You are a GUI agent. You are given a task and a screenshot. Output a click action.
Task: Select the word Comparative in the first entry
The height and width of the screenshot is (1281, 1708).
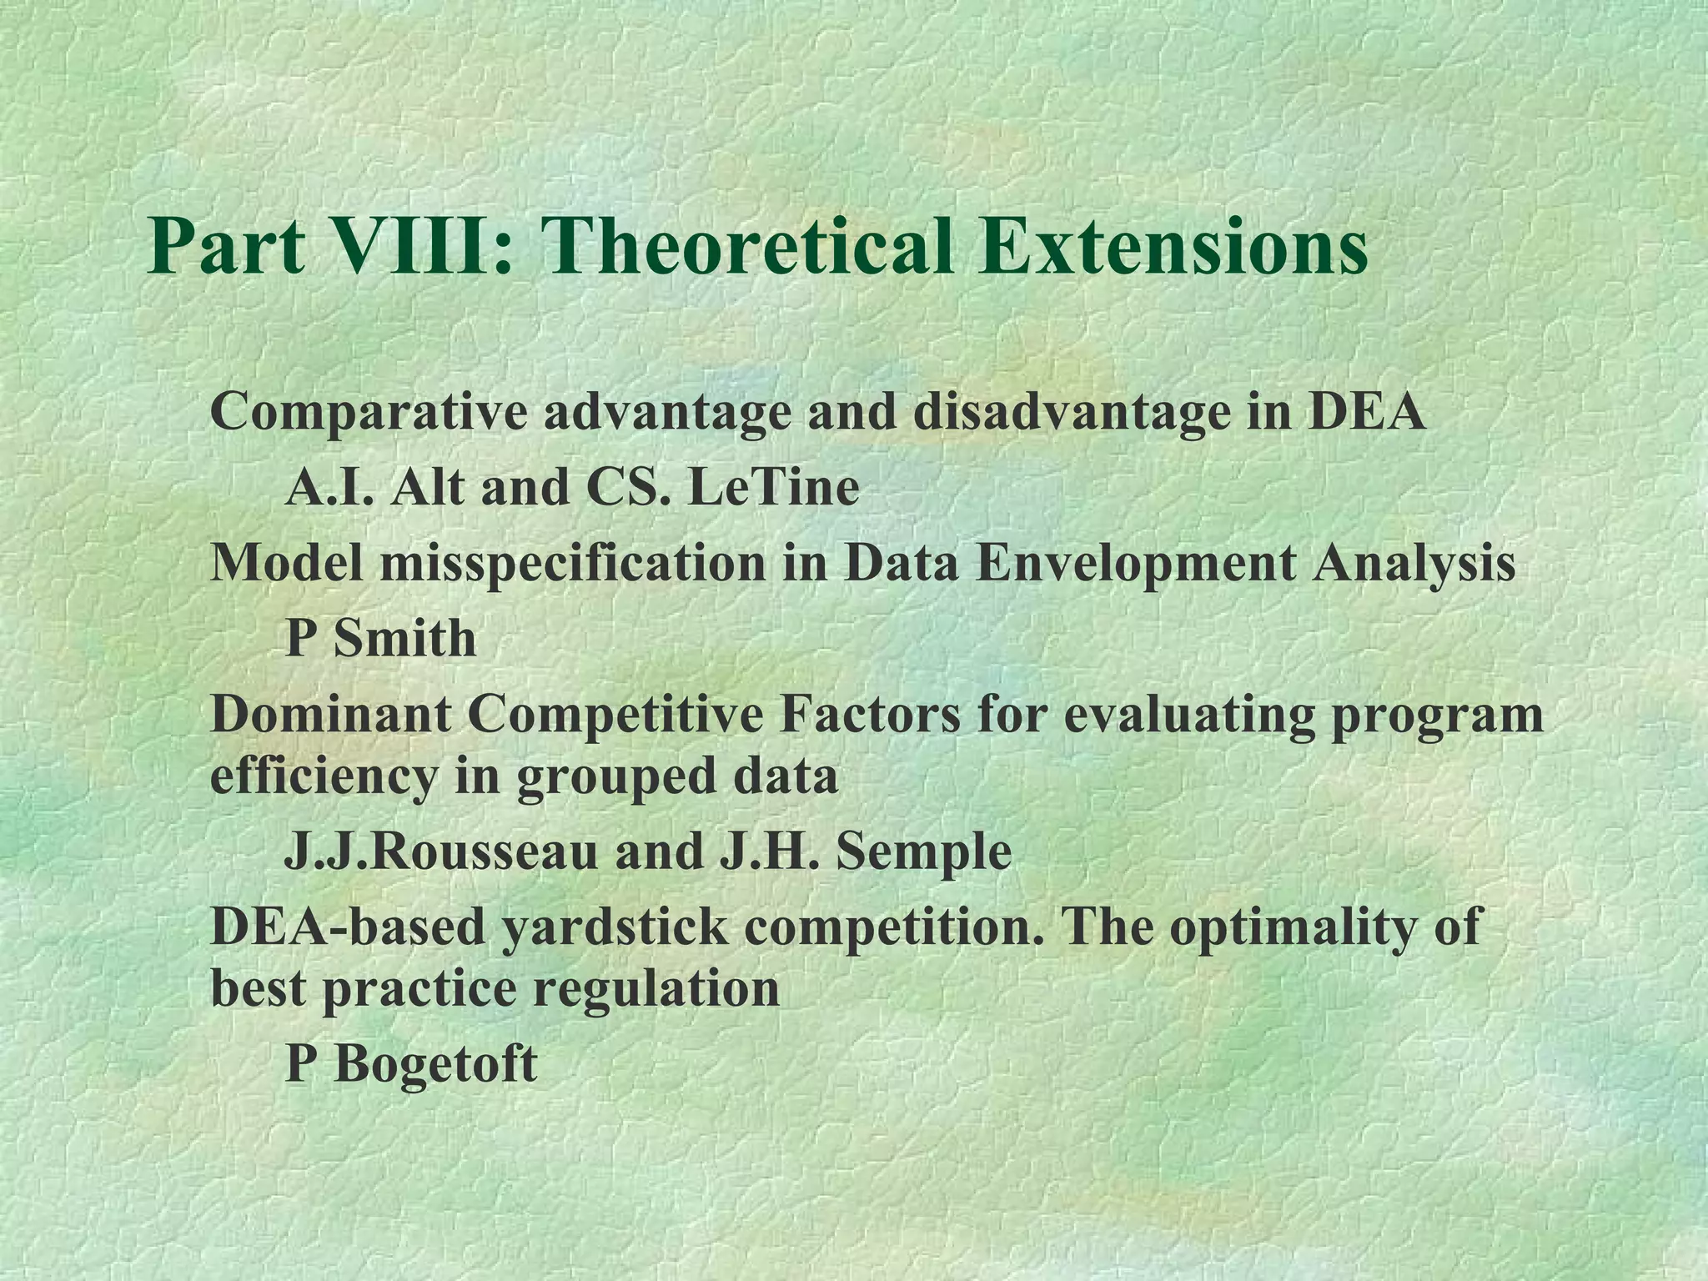(369, 413)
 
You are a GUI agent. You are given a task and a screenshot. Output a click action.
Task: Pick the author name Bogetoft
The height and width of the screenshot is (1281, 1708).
(435, 1064)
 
